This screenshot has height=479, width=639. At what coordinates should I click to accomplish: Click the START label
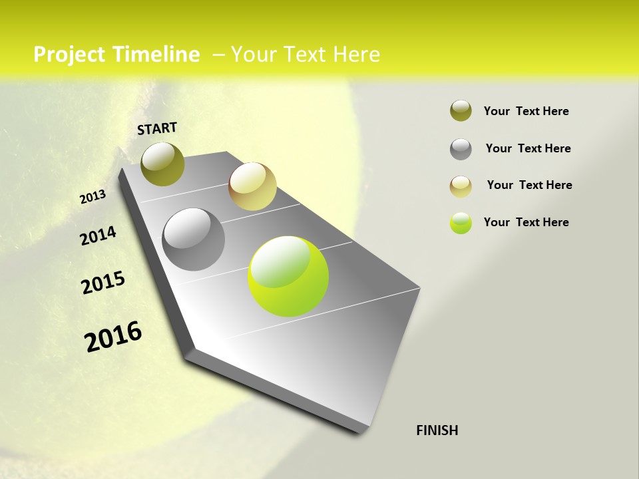pos(157,128)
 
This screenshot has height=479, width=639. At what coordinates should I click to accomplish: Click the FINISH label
pos(437,430)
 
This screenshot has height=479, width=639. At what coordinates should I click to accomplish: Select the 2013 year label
pos(93,197)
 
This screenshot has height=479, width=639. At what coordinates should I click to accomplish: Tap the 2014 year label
pos(98,236)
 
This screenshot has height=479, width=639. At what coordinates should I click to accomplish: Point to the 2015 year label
pos(103,283)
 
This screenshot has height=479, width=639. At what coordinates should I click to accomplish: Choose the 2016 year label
pos(113,337)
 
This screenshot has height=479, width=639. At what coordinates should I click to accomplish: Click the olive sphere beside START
pos(163,164)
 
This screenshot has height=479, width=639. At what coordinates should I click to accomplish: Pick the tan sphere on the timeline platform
pos(252,186)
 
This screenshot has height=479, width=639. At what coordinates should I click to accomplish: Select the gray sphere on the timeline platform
pos(194,239)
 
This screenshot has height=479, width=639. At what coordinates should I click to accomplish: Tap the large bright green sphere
pos(288,276)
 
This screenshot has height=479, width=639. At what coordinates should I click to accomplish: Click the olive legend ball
pos(461,111)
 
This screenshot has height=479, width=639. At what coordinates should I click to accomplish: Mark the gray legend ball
pos(461,149)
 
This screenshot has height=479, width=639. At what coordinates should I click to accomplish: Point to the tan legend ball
pos(461,186)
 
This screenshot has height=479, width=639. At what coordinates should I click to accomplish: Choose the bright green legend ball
pos(461,223)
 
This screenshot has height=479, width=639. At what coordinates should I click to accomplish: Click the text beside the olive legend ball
pos(526,112)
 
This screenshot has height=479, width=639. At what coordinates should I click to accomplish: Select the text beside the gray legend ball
pos(528,148)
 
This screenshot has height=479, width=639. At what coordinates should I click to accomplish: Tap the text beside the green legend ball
pos(526,222)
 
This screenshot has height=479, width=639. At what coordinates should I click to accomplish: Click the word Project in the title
pos(69,55)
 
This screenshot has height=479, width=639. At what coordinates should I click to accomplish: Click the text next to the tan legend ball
pos(529,185)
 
